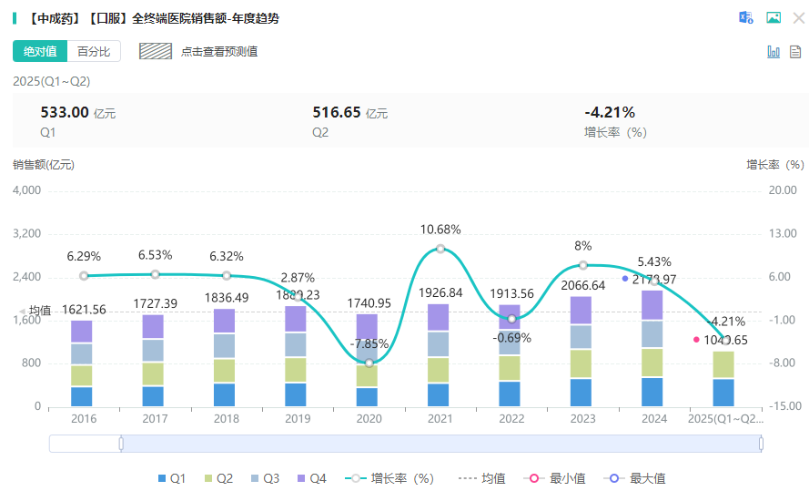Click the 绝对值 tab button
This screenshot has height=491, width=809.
[39, 51]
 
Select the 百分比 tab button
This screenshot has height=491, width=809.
[94, 51]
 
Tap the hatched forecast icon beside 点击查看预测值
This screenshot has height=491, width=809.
[156, 51]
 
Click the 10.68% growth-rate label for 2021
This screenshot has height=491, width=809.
[440, 230]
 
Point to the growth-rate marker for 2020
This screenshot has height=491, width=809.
[369, 362]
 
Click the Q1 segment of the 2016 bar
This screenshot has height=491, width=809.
[82, 396]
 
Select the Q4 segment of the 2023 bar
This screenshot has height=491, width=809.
[582, 311]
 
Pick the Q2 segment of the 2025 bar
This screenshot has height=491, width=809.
[723, 364]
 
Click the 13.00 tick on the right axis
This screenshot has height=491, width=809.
[783, 233]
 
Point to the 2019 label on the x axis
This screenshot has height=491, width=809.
[297, 419]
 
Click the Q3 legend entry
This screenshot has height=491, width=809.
[265, 478]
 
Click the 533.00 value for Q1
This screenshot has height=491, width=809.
[65, 112]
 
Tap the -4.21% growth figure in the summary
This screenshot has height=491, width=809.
[610, 112]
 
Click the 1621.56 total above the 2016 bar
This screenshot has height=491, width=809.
[84, 310]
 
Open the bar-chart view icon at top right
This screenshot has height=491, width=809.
[774, 52]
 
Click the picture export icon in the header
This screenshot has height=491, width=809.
[774, 17]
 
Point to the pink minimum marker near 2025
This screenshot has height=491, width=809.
[697, 340]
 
